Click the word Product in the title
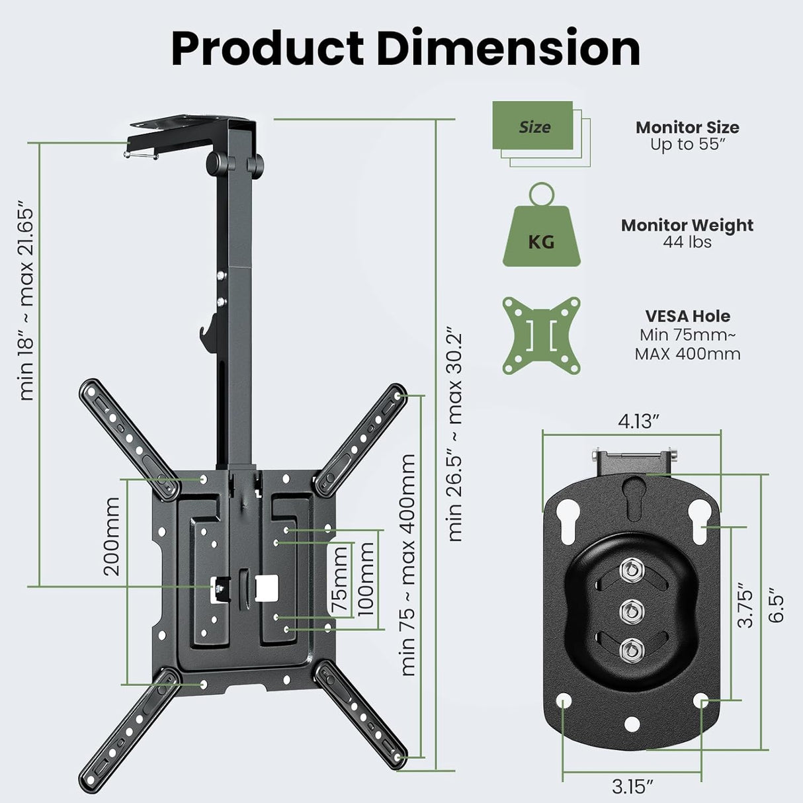(267, 48)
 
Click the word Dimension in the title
(509, 48)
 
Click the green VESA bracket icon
(541, 335)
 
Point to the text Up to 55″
(687, 145)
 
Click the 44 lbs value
(687, 243)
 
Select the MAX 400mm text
(687, 354)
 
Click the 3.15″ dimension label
(632, 786)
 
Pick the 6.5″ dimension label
(777, 607)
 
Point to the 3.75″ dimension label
(745, 605)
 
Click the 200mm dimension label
(112, 536)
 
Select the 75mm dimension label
(339, 588)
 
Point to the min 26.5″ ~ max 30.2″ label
(455, 433)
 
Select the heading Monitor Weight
(687, 226)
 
